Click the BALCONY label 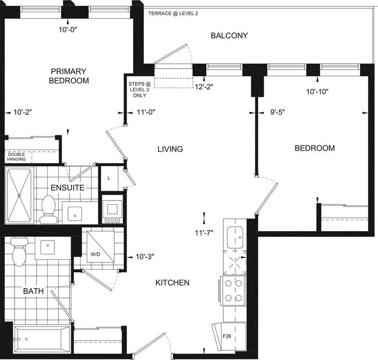point(229,36)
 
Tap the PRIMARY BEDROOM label point(69,76)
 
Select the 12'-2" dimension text point(204,87)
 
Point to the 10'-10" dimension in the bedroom point(317,91)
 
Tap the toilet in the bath point(19,251)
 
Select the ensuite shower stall point(19,195)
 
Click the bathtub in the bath point(42,339)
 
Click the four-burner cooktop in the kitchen point(233,291)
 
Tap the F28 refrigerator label point(227,336)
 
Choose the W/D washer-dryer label point(95,254)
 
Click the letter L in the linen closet point(109,178)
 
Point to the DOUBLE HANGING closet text point(17,157)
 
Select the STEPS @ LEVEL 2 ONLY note point(140,89)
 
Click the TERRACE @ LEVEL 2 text point(173,14)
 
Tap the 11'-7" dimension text point(204,233)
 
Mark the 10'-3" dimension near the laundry point(145,257)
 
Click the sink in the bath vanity point(47,247)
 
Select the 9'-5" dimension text point(277,112)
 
